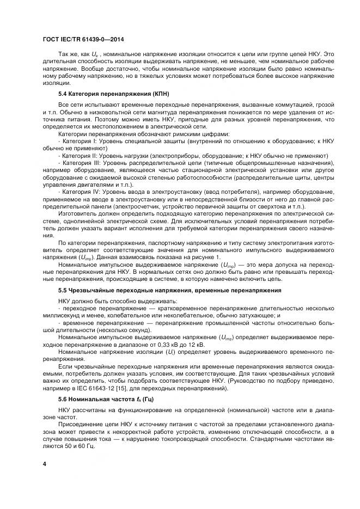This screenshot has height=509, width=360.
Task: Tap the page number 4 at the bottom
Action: click(45, 463)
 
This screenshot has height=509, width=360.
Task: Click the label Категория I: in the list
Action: click(80, 140)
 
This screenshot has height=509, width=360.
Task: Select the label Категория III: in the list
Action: click(82, 162)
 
